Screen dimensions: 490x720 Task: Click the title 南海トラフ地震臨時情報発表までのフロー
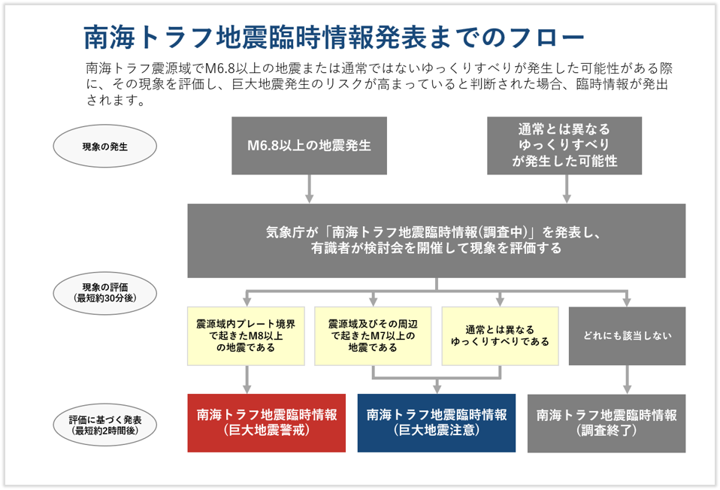(334, 35)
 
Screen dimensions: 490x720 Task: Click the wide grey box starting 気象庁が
(436, 240)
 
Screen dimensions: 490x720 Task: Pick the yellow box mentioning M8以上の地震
(246, 334)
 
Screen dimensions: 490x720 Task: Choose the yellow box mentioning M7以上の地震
(373, 334)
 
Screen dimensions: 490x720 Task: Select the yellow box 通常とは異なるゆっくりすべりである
(500, 334)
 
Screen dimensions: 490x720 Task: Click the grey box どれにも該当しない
(627, 335)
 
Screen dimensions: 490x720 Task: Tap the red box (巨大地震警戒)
(267, 423)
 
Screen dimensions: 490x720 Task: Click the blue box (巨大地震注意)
(437, 423)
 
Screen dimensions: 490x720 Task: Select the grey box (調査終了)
(607, 423)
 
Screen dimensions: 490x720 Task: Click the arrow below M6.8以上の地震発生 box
(310, 189)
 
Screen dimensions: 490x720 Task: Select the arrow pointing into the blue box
(437, 385)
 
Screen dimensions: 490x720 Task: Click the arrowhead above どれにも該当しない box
(627, 301)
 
